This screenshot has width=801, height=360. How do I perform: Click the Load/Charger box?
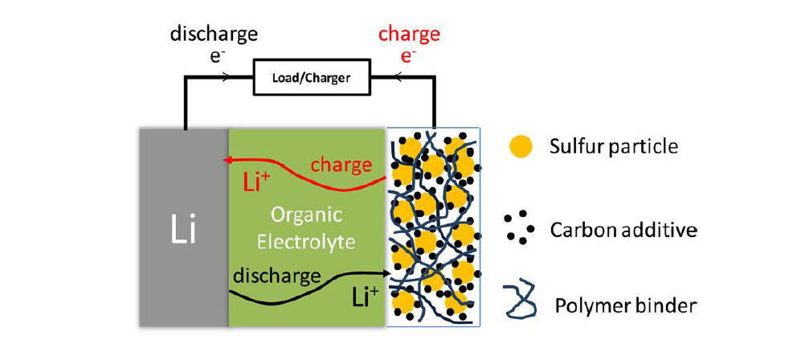click(312, 79)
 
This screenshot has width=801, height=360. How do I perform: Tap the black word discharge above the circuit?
click(214, 35)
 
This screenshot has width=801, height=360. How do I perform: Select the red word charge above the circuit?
click(409, 35)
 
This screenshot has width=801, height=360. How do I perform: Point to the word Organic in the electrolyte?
click(306, 216)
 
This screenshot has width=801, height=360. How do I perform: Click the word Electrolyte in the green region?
click(306, 241)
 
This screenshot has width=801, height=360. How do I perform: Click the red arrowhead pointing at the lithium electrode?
click(225, 161)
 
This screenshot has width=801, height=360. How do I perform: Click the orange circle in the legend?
click(521, 147)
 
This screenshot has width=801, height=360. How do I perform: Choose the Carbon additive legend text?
click(623, 231)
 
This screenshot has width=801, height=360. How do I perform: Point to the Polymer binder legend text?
click(626, 306)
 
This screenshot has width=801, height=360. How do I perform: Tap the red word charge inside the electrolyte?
click(341, 166)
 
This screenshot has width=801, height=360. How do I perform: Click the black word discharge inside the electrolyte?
click(276, 276)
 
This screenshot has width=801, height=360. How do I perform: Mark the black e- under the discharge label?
click(219, 57)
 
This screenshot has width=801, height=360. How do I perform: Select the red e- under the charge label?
click(407, 57)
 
